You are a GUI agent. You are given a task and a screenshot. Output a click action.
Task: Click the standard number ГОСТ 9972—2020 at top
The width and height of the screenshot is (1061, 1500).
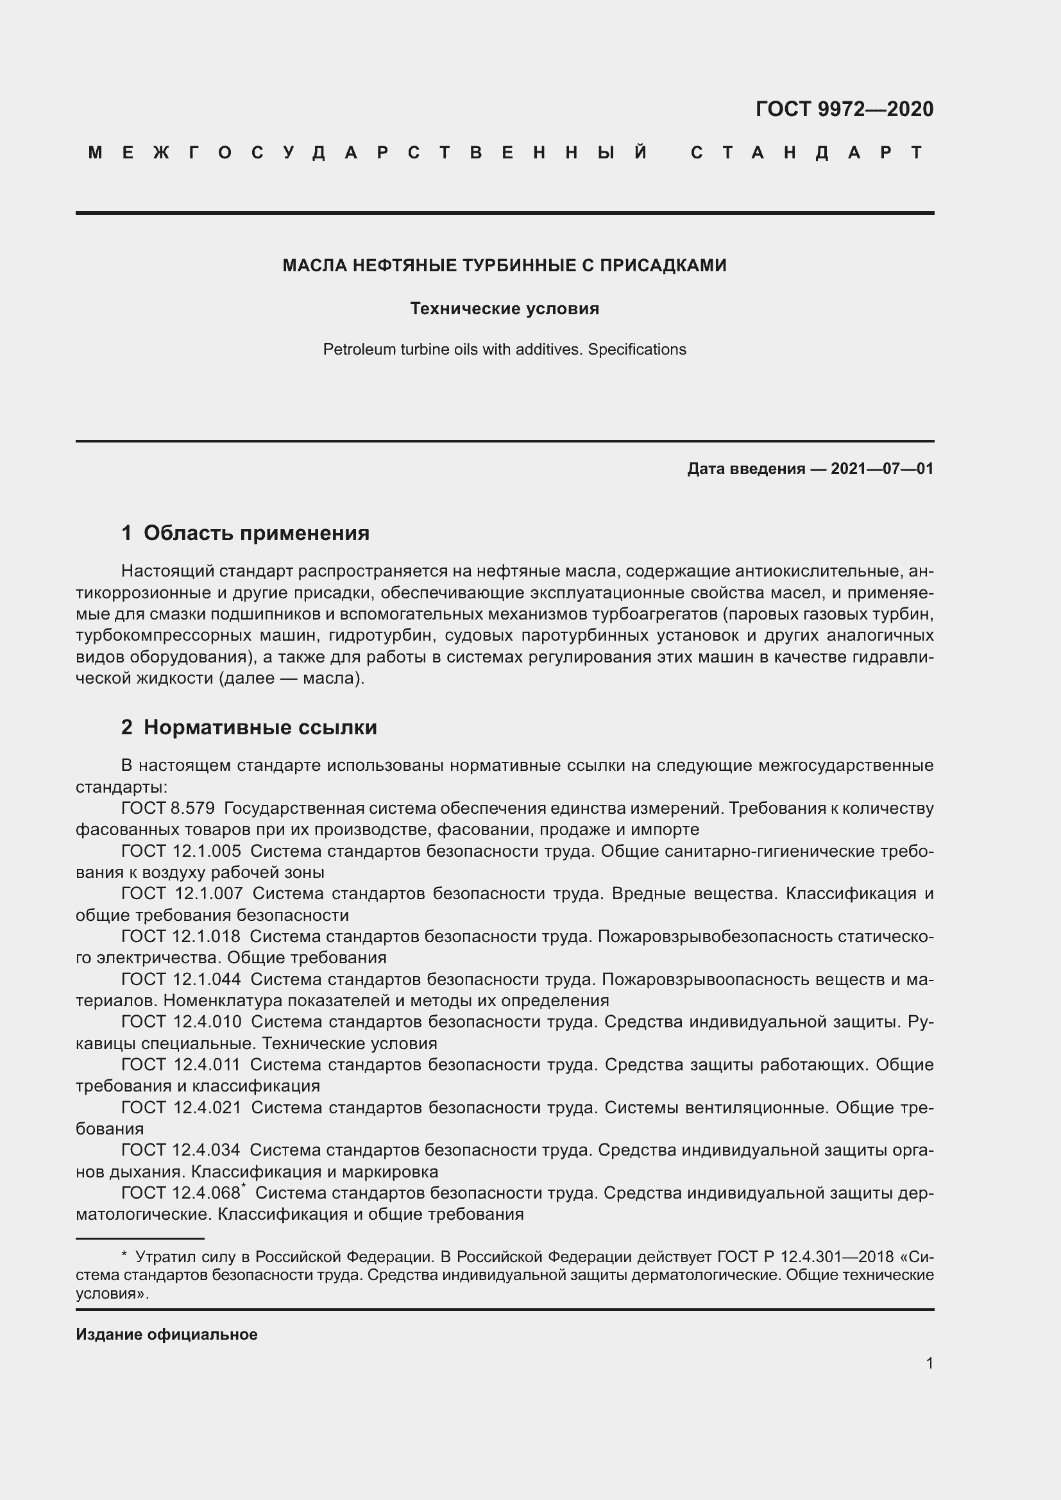coord(844,109)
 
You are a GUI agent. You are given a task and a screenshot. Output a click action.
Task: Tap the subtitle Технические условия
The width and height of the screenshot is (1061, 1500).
coord(504,308)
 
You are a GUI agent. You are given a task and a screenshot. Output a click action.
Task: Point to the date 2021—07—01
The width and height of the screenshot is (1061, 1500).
coord(882,468)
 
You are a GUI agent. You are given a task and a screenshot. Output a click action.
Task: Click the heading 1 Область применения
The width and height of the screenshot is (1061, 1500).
coord(245,533)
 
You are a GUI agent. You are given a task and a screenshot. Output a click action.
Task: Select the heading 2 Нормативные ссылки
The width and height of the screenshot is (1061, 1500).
coord(249,727)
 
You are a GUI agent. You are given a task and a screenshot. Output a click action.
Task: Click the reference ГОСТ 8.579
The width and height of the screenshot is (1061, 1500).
coord(168,808)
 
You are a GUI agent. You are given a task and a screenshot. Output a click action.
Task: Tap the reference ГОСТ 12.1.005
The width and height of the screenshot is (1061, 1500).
coord(181,851)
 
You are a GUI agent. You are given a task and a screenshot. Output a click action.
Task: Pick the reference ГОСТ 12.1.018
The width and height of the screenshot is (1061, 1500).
coord(180,936)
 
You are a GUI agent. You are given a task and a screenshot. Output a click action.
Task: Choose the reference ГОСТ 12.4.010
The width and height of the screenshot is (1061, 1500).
coord(181,1021)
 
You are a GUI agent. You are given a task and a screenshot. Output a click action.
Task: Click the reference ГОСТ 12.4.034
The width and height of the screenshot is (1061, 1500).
coord(180,1149)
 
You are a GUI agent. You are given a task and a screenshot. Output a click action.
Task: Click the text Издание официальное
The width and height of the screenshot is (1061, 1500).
coord(167,1335)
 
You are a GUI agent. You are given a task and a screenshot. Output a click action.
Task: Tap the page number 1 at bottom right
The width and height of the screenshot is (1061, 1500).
coord(929,1363)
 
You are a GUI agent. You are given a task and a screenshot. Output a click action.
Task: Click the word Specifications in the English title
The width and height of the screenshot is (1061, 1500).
coord(636,350)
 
